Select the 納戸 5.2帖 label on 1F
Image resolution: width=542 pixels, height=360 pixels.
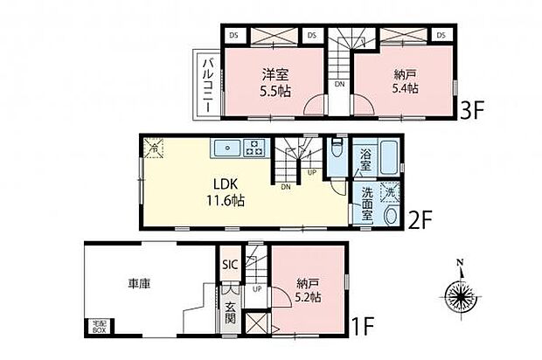(309, 288)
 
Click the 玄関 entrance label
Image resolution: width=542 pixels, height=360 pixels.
(229, 312)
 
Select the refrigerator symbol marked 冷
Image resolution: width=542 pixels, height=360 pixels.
(152, 148)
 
